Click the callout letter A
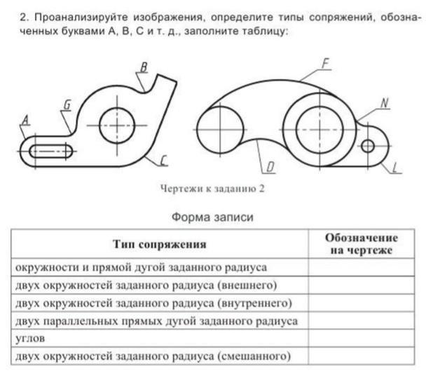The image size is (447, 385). point(26,120)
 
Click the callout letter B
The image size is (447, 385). point(144,67)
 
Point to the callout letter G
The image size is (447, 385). point(67,104)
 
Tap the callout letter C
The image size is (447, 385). point(163,161)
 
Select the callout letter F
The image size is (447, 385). point(325,64)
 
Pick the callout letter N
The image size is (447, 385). point(385,103)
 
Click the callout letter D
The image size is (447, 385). point(270,167)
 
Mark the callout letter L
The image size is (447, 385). point(395,168)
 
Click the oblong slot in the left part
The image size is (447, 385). point(51,151)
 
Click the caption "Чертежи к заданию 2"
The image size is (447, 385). point(212,189)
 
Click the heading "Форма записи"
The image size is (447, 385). point(212,217)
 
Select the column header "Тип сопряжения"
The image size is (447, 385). point(159,244)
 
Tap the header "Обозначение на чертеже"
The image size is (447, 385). point(362,244)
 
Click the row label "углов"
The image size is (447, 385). point(30,339)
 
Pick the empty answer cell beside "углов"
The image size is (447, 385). point(362,339)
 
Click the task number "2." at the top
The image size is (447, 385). point(25,18)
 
